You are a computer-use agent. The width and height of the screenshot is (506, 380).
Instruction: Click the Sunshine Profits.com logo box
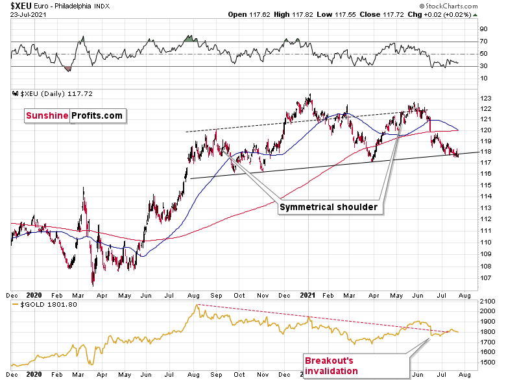coord(74,115)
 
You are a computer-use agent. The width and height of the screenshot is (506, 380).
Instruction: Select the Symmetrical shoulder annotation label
coord(330,208)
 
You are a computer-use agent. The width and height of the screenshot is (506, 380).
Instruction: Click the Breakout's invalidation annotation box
coord(331,366)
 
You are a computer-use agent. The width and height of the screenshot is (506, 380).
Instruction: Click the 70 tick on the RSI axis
coord(484,42)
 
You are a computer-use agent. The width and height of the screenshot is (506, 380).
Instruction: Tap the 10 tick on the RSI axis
coord(484,78)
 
